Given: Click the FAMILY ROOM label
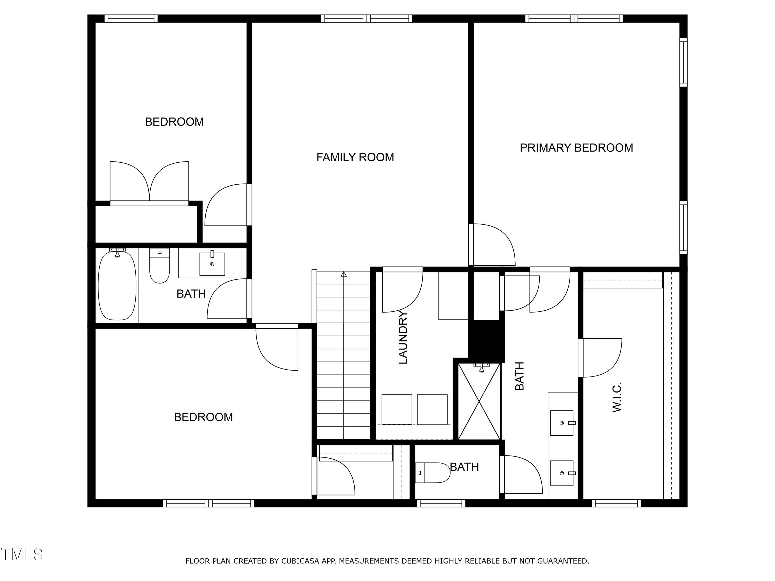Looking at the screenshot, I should (x=355, y=157).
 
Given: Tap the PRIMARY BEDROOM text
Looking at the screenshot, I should (x=576, y=148).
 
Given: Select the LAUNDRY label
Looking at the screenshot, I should (x=403, y=337).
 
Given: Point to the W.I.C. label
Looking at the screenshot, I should (x=617, y=397).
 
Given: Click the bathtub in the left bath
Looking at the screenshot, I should (x=117, y=285).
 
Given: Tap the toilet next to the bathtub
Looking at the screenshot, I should (x=159, y=266).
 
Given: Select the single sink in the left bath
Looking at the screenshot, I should (x=212, y=264).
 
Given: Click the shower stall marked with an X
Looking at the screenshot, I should (x=479, y=401).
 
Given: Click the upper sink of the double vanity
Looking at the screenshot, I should (x=562, y=423).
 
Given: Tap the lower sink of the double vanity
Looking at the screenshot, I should (x=562, y=473).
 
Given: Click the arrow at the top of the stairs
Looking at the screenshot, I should (x=343, y=274).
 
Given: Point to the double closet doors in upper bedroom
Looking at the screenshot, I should (x=149, y=182).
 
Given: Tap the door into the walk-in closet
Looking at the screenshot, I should (x=600, y=357).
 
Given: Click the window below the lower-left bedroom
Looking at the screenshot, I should (x=208, y=503).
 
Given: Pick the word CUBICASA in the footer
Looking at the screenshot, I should (x=300, y=561).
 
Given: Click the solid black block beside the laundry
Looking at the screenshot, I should (x=487, y=340).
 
